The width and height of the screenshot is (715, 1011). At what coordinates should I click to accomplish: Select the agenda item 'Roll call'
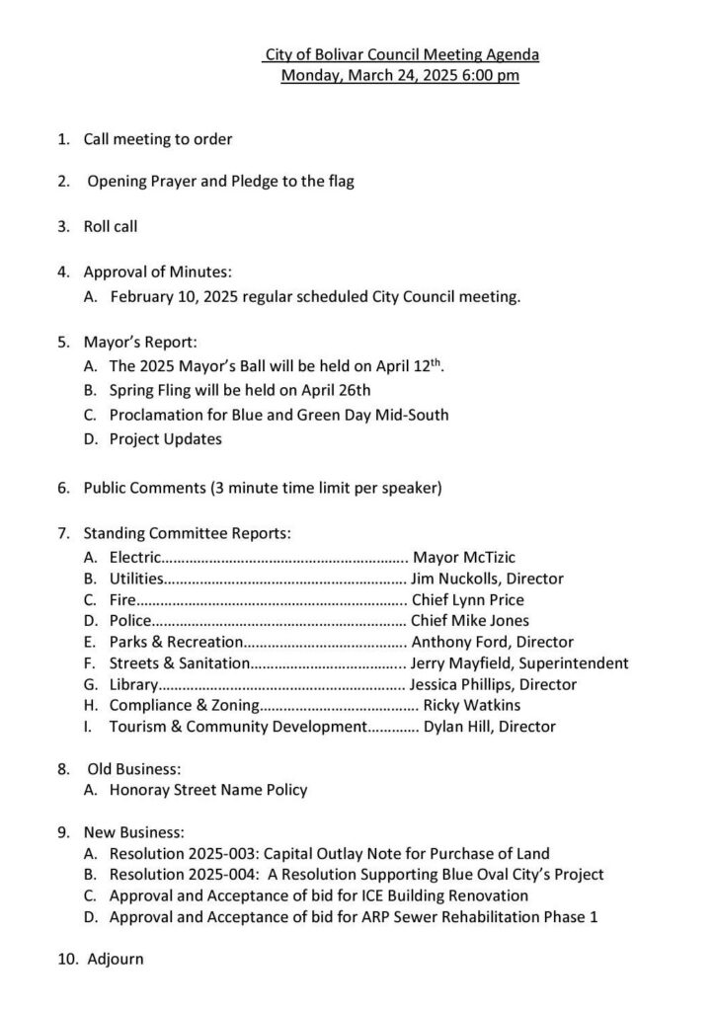coord(110,226)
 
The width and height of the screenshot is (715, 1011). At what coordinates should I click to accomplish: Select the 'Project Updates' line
coord(166,438)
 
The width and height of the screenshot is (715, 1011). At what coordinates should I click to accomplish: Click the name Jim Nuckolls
coord(452,580)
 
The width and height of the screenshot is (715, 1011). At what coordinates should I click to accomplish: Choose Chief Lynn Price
coord(467,600)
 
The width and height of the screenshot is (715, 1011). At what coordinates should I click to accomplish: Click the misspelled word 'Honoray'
coord(138,790)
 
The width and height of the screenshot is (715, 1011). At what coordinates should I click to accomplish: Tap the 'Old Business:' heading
coord(134,768)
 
